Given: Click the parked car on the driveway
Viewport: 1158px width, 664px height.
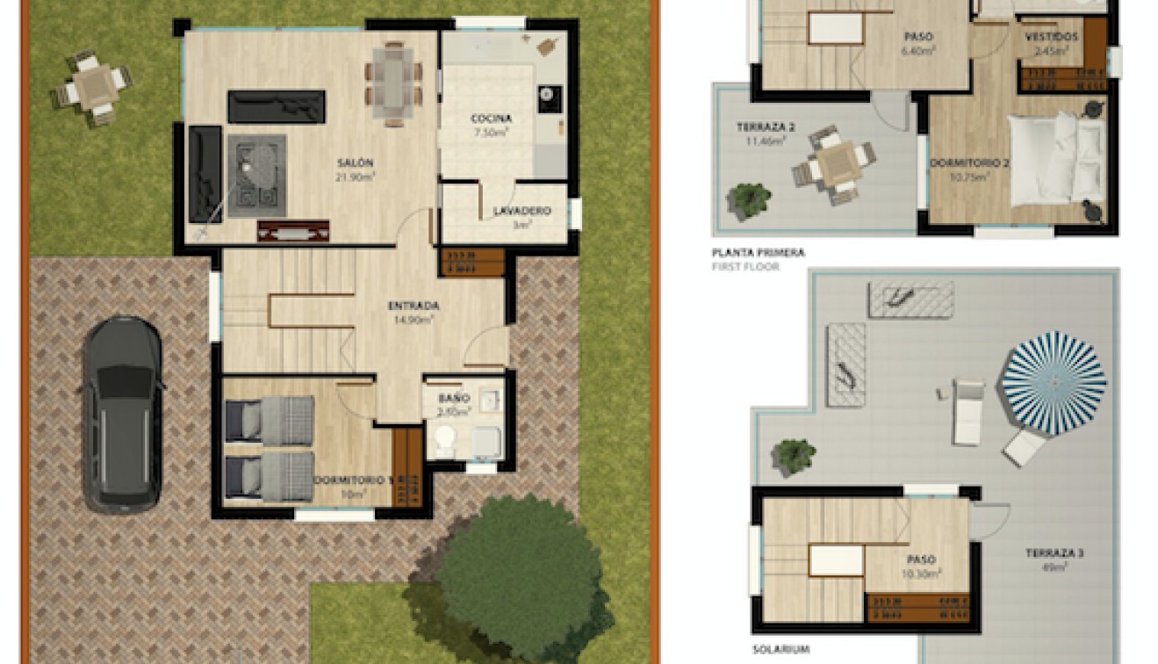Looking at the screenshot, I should pos(122,413).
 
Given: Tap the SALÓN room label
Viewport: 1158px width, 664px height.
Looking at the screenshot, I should pos(355,163).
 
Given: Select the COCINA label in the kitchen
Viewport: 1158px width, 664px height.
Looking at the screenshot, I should pos(491,119).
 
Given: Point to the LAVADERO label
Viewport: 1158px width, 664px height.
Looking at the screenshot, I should pos(521,211).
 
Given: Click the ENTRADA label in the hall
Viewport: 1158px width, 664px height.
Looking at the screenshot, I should pos(414,306).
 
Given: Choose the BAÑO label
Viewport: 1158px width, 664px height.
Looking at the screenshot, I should pos(455,398).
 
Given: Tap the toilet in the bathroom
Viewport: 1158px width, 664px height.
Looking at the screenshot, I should pos(445,439).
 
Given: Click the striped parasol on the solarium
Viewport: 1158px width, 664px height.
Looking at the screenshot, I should pos(1054,382).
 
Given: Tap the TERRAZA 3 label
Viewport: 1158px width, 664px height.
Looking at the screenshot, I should pos(1054,553).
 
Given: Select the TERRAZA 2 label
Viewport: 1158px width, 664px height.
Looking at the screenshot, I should pos(766,127).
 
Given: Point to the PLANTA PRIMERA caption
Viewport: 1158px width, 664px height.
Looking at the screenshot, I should pos(759,253).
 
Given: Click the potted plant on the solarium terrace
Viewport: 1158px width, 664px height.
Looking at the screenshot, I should pos(794,456).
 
